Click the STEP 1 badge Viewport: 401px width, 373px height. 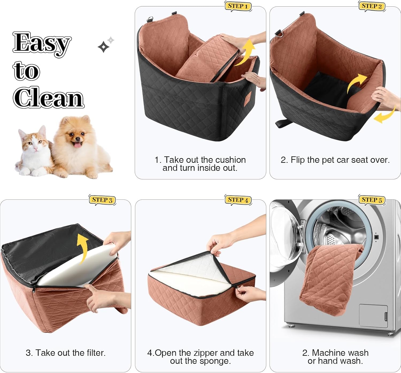[238, 6]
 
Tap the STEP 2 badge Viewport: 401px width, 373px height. [372, 6]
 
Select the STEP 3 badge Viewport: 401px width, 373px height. [102, 200]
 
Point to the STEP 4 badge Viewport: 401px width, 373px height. [238, 200]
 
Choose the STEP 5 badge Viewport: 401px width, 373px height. [372, 200]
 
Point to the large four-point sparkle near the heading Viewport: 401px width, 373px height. [103, 47]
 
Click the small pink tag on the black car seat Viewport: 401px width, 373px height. [249, 95]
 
